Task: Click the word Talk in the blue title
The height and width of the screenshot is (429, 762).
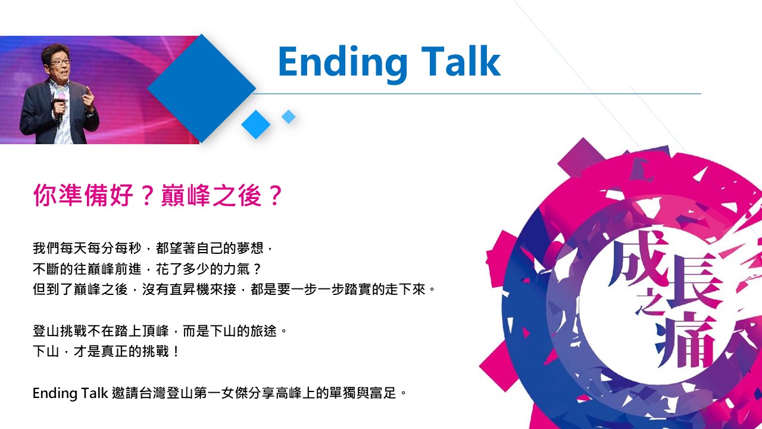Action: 461,61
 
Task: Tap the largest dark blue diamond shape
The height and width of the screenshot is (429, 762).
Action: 201,88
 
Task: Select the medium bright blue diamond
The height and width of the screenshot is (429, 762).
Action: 256,125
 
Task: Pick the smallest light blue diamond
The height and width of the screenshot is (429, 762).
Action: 289,117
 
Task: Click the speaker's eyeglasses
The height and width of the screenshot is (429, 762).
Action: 61,62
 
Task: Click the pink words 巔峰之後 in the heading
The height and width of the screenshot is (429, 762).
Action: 211,195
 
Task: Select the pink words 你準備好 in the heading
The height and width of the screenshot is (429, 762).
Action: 83,195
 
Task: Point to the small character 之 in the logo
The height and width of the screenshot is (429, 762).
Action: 649,302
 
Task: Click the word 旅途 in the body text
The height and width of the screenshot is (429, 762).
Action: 264,331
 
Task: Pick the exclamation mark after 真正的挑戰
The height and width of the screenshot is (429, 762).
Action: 176,352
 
